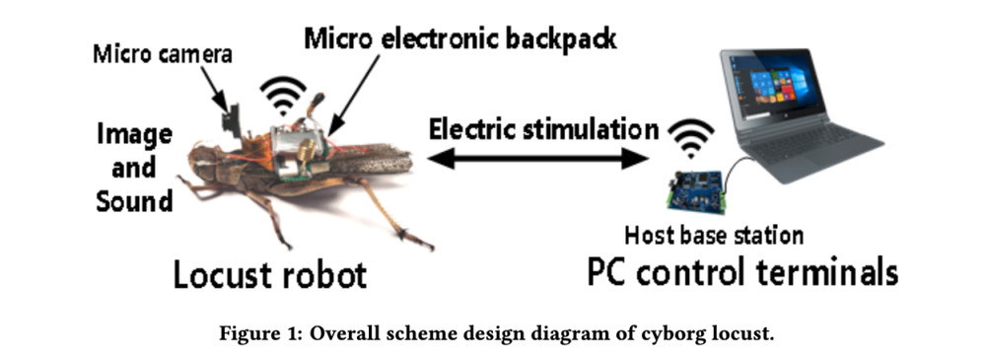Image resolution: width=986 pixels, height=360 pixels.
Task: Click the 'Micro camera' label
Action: pyautogui.click(x=163, y=54)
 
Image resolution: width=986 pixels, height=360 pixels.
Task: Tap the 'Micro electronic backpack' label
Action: pyautogui.click(x=460, y=38)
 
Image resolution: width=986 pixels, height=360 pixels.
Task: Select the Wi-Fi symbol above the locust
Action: pyautogui.click(x=283, y=95)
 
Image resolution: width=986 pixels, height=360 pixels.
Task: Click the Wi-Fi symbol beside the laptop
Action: pyautogui.click(x=690, y=138)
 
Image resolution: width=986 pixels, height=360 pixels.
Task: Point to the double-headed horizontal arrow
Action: pyautogui.click(x=537, y=158)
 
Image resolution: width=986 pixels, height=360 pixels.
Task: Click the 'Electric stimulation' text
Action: pyautogui.click(x=543, y=129)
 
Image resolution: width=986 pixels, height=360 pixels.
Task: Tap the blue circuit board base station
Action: pyautogui.click(x=697, y=189)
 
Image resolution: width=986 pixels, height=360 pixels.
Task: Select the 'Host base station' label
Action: pyautogui.click(x=714, y=236)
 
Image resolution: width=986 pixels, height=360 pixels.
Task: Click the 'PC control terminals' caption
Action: pyautogui.click(x=742, y=273)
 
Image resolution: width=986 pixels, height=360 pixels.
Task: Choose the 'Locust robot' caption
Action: pyautogui.click(x=270, y=275)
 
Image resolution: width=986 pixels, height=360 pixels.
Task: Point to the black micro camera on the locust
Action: pyautogui.click(x=232, y=119)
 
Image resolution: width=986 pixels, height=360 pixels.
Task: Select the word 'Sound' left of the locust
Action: pyautogui.click(x=134, y=201)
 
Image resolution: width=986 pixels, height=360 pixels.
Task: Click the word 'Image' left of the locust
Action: pyautogui.click(x=134, y=135)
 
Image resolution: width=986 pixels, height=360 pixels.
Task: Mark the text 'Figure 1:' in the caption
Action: pyautogui.click(x=259, y=333)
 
